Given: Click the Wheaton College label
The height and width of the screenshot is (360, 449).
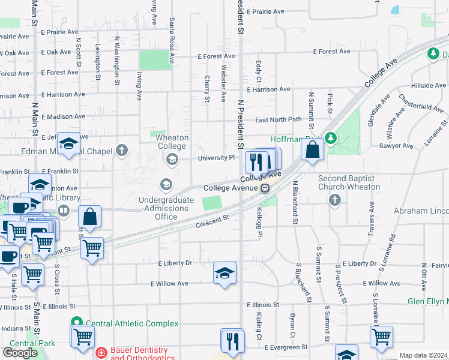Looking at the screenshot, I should (x=172, y=142).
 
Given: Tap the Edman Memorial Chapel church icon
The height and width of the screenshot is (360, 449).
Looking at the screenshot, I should (x=122, y=150).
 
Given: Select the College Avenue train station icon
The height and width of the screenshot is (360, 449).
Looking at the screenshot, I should (x=265, y=188).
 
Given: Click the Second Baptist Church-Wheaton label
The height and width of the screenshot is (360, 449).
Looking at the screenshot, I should (x=349, y=182).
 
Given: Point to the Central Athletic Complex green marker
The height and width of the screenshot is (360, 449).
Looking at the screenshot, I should (x=76, y=323).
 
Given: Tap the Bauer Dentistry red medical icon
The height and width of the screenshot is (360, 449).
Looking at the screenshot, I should (x=101, y=352).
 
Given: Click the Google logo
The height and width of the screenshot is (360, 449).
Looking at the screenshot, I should (x=20, y=352).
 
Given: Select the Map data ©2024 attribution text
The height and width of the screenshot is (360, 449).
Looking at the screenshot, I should (x=423, y=355).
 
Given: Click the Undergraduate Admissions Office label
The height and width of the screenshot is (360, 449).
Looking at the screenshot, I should (x=166, y=208).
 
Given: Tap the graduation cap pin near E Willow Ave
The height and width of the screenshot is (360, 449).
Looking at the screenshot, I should (x=224, y=274).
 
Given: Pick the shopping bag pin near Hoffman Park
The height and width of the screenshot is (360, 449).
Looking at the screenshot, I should (x=312, y=149).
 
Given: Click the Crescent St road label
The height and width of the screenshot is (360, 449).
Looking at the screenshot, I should (x=212, y=223).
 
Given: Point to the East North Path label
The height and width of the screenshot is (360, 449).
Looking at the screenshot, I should (x=278, y=119).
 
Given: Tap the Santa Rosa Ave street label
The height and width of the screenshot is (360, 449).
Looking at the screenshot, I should (x=172, y=40).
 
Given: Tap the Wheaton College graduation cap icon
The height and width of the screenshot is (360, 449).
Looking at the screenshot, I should (x=172, y=159).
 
